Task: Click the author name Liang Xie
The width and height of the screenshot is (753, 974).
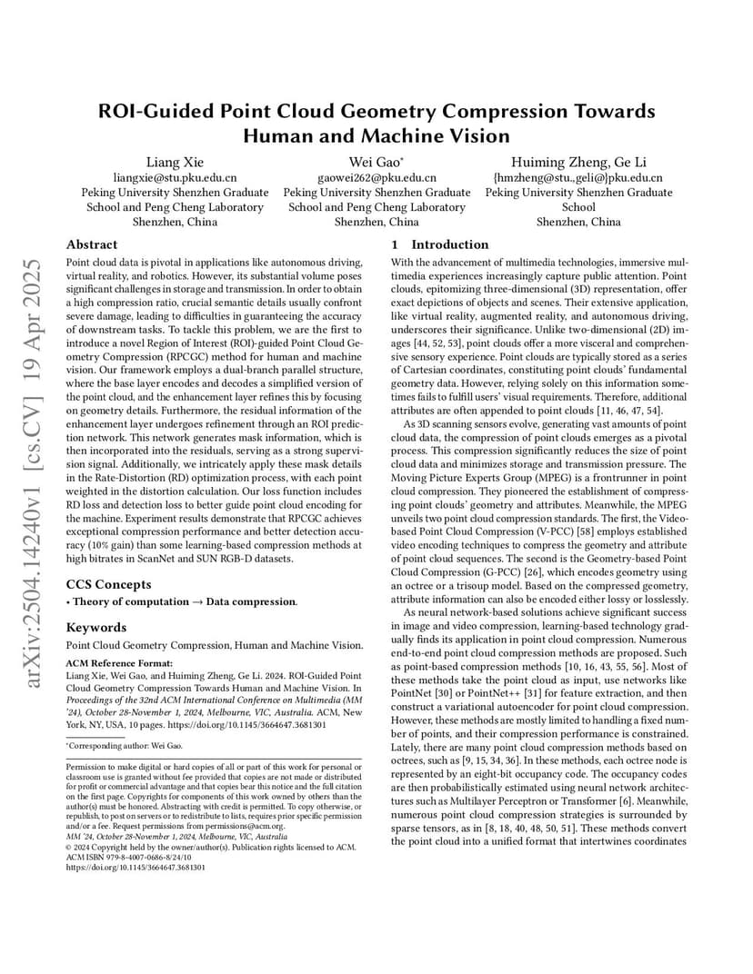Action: point(175,163)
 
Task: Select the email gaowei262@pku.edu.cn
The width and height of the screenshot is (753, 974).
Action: point(376,178)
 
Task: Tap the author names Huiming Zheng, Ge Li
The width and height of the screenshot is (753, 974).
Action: point(578,163)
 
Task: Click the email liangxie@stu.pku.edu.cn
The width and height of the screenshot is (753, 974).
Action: point(175,178)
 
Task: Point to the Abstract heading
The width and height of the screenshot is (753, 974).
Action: point(92,244)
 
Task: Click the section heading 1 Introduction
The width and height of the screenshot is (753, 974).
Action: point(440,244)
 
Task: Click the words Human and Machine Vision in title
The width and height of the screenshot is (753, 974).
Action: point(376,135)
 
